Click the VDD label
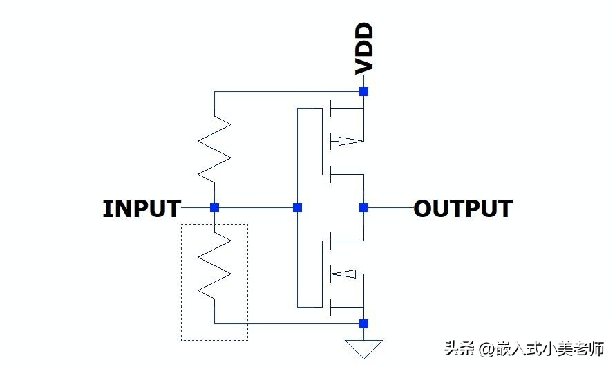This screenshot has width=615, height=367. (x=364, y=48)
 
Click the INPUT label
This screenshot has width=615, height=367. (x=142, y=208)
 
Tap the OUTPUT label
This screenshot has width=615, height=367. (x=463, y=208)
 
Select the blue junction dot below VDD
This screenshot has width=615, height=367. (x=364, y=91)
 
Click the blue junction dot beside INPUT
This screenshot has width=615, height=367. (x=214, y=207)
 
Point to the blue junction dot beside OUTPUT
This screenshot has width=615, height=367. (x=364, y=207)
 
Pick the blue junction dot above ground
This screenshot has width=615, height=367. (x=364, y=324)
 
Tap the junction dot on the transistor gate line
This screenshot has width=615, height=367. (x=298, y=207)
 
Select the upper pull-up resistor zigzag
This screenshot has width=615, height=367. (x=214, y=149)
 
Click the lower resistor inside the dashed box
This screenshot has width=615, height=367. (x=214, y=265)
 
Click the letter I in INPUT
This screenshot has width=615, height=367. (x=106, y=208)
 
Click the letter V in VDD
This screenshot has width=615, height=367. (x=364, y=66)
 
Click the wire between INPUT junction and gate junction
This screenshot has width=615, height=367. (x=256, y=207)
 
